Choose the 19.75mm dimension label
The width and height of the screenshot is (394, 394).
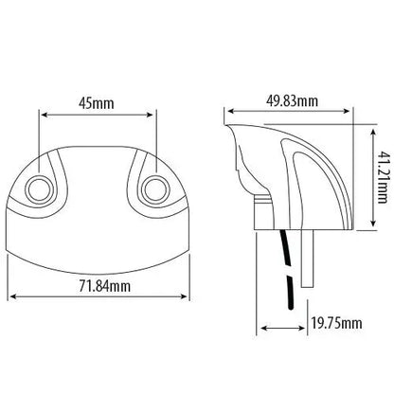[x=336, y=325]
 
